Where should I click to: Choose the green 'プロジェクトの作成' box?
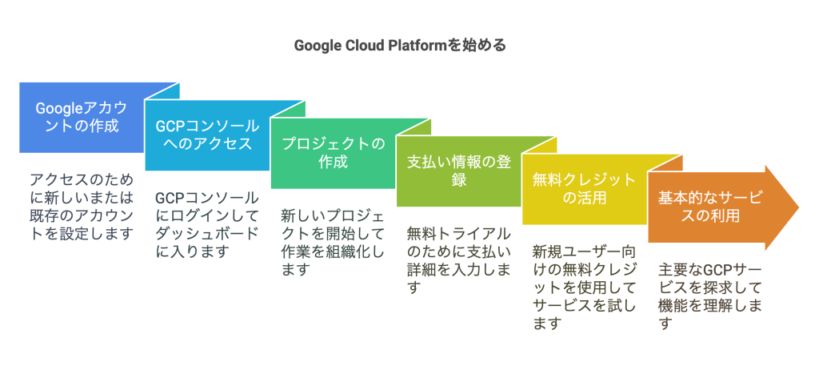(332, 153)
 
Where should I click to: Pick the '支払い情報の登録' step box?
(458, 170)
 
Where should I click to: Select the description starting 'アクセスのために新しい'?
(80, 206)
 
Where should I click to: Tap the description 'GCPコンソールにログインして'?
(206, 224)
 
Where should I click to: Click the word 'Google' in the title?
(317, 46)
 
